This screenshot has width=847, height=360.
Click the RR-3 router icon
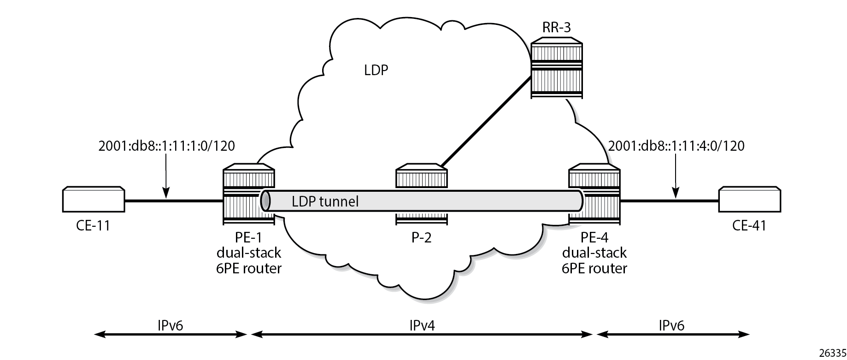pos(556,70)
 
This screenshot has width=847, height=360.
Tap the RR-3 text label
pos(557,28)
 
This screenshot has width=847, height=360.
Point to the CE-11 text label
pos(93,226)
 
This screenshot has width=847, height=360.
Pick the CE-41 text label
pos(749,226)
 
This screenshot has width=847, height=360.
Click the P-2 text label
pos(421,238)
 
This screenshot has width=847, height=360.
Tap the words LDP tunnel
pos(325,201)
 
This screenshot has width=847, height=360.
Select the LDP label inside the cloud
pos(376,70)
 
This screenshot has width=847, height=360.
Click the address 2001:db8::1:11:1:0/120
pos(166,146)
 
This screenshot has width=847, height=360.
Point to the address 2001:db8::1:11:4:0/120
pos(676,146)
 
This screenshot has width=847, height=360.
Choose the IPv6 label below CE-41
pos(671,325)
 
